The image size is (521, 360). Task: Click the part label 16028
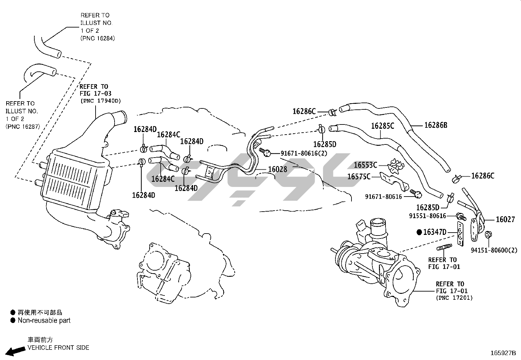point(278,169)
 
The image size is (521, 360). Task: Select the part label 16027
point(505,219)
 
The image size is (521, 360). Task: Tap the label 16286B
point(436,125)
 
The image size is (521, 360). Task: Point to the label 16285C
point(383,125)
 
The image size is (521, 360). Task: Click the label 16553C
point(366,165)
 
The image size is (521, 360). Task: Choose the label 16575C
point(359,177)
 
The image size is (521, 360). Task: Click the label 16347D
point(435,232)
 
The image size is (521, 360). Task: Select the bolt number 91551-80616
point(427,216)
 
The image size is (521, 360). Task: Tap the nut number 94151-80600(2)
point(494,250)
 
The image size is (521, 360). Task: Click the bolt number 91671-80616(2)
point(304,153)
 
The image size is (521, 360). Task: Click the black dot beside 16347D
point(419,232)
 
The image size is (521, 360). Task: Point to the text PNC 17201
point(454,298)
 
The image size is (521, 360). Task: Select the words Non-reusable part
point(44,320)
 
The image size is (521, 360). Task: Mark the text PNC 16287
point(22,126)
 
